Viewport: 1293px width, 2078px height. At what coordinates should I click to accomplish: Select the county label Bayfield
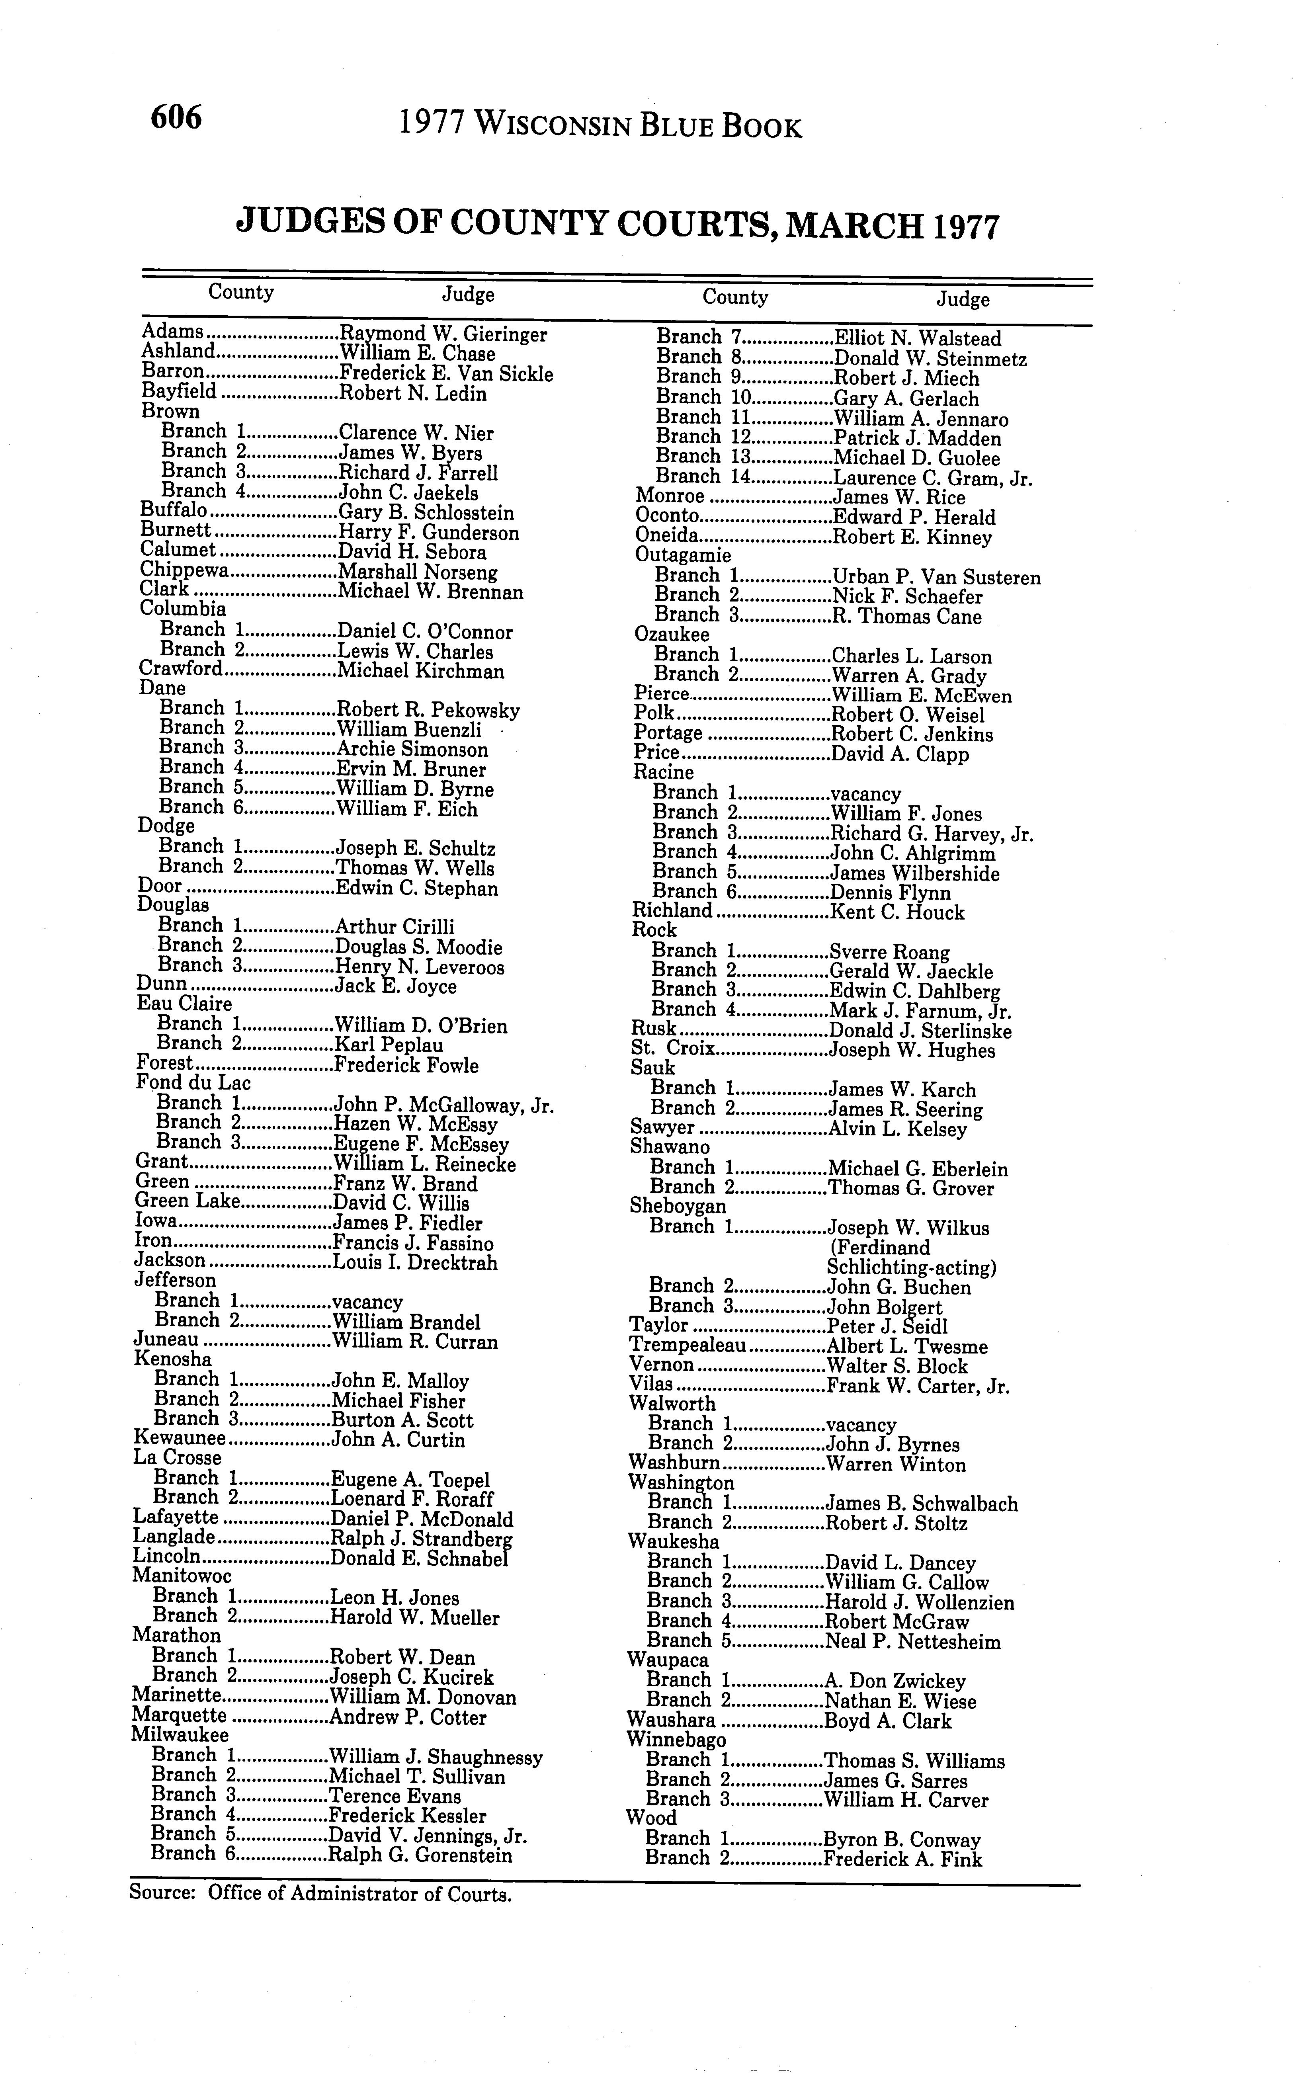[x=179, y=393]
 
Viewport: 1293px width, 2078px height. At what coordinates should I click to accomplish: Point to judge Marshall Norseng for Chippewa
[x=418, y=572]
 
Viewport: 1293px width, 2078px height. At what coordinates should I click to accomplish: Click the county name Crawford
[x=180, y=670]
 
